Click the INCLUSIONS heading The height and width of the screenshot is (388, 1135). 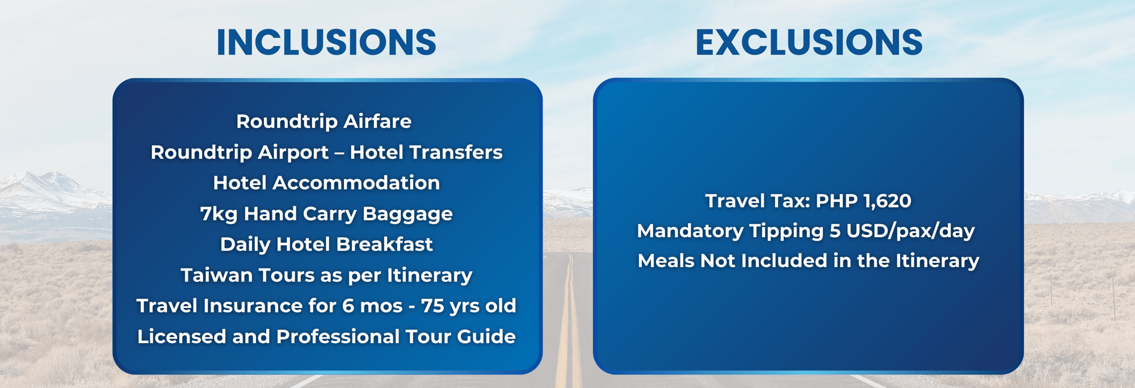[326, 42]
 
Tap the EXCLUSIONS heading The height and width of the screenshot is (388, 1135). [809, 42]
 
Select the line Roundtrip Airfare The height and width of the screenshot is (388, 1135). [323, 121]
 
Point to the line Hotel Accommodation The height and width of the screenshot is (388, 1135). [326, 183]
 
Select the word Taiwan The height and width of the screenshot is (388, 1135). [217, 275]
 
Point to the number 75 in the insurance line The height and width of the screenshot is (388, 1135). [432, 306]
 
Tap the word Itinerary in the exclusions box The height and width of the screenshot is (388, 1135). [938, 261]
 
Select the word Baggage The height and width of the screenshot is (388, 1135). [407, 214]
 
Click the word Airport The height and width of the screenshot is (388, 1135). [293, 152]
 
